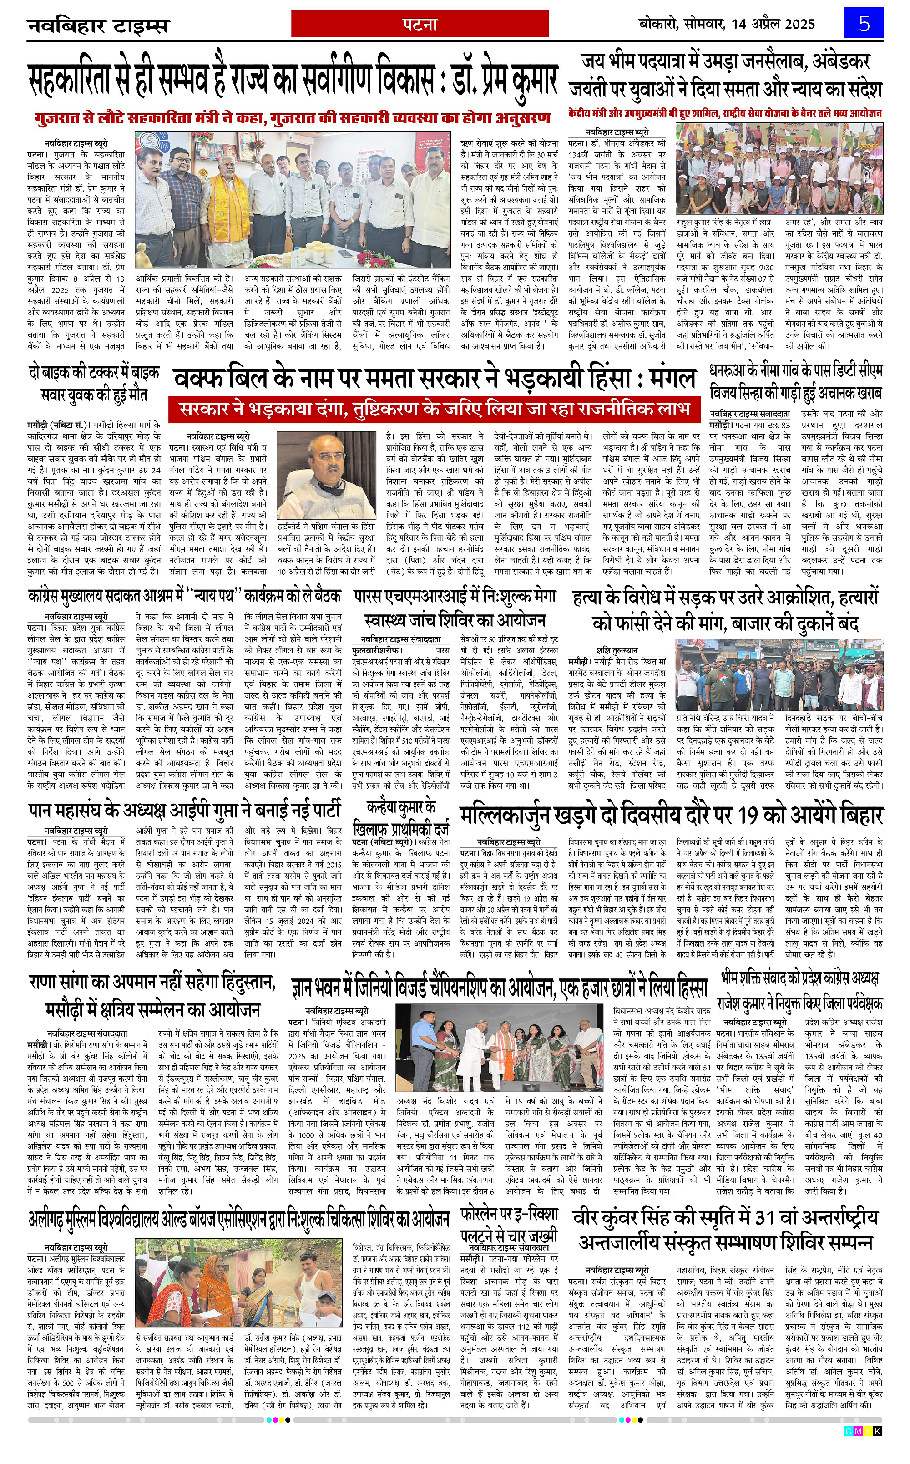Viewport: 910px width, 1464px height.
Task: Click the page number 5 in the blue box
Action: (x=864, y=24)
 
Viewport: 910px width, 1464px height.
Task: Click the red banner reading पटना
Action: (x=420, y=24)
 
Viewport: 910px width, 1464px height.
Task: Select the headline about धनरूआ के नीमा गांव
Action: (x=796, y=382)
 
